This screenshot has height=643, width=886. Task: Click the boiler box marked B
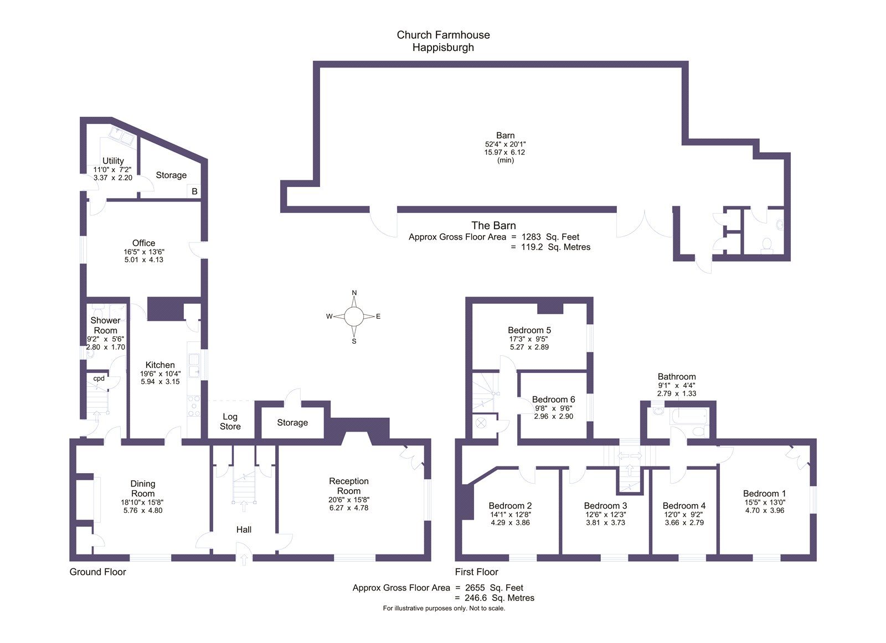point(194,191)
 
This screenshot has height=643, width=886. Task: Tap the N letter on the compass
point(354,293)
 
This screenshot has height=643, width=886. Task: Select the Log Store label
point(230,421)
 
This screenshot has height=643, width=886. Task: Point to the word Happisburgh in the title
point(443,48)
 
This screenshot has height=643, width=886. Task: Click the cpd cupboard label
point(99,378)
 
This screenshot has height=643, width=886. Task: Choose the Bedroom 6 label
point(553,399)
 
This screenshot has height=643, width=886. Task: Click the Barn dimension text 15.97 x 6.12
point(504,152)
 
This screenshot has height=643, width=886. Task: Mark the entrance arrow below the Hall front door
point(244,559)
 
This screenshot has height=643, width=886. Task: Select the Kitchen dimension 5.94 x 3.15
point(160,381)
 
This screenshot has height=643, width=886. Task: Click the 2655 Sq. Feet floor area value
point(494,588)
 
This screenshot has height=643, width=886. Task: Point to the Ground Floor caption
point(97,572)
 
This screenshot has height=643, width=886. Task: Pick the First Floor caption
point(476,572)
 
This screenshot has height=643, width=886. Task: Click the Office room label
point(143,243)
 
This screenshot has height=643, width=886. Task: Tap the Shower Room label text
point(105,325)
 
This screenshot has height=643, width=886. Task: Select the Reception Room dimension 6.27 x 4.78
point(349,508)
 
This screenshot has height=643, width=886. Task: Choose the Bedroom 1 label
point(764,494)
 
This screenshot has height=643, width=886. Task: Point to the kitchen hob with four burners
point(194,406)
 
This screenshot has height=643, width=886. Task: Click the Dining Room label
point(143,489)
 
